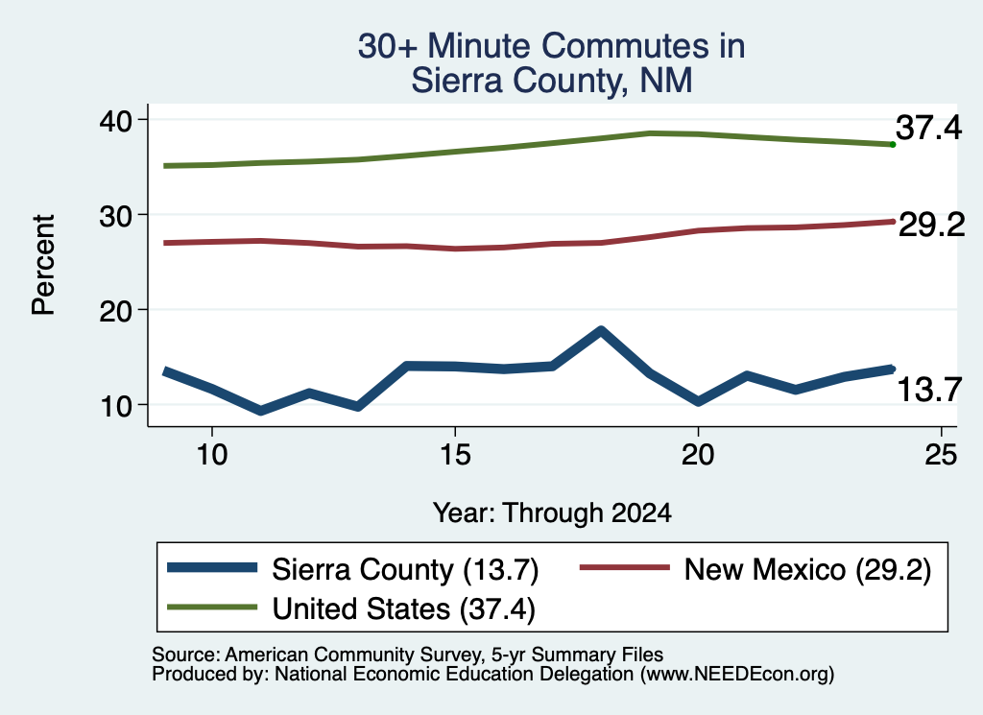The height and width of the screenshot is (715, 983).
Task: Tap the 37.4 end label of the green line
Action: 928,128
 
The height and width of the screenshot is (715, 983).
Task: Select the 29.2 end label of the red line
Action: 931,225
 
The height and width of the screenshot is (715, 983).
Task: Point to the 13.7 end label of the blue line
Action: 929,390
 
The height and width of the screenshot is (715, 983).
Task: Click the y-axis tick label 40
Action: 115,120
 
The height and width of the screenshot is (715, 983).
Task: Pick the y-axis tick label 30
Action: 115,216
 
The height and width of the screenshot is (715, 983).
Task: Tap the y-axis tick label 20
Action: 115,311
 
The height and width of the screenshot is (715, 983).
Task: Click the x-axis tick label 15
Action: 455,454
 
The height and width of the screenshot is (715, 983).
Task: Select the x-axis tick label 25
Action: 941,454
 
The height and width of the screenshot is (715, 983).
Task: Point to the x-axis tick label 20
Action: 698,454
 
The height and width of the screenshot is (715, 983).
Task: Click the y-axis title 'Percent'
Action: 44,265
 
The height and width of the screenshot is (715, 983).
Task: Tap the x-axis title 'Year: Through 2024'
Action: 552,513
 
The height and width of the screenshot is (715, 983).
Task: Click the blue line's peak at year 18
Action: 601,331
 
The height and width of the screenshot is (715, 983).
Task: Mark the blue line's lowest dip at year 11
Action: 261,411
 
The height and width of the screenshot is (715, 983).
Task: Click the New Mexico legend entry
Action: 756,570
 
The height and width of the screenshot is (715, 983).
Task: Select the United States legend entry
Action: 351,608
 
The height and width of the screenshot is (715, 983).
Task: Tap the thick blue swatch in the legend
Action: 212,568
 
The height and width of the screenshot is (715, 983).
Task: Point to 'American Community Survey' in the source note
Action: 354,655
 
